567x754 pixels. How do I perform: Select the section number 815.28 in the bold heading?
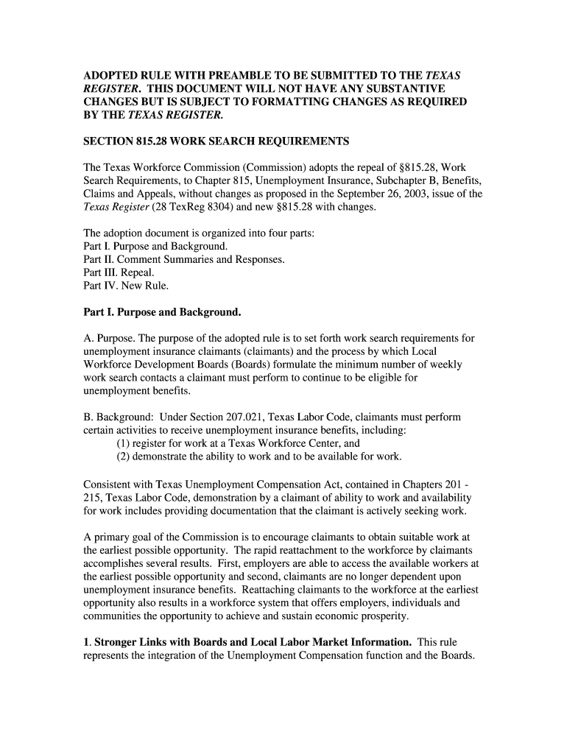tap(155, 141)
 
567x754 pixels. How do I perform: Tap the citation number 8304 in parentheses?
tap(196, 207)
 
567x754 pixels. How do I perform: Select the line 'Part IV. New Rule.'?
tap(126, 286)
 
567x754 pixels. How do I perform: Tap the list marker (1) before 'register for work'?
tap(124, 443)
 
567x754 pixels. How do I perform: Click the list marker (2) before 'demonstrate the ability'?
tap(124, 457)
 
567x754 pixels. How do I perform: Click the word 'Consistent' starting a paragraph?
tap(107, 485)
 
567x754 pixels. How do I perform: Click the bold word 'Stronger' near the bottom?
tap(119, 642)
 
